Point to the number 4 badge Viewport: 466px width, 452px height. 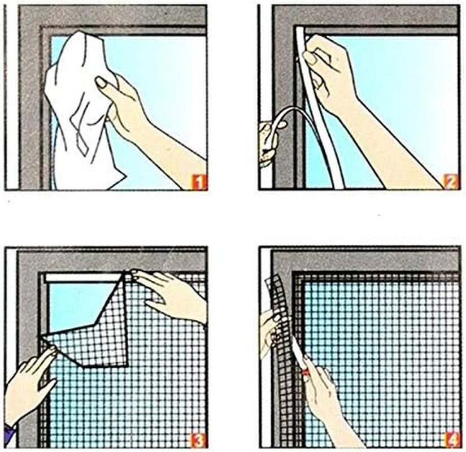(451, 438)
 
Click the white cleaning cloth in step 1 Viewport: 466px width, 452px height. (79, 113)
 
